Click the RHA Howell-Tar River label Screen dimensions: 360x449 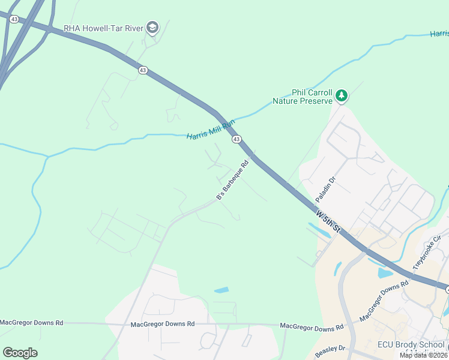point(103,28)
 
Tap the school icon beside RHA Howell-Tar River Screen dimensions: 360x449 point(152,28)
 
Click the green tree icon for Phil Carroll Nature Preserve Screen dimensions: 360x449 point(342,95)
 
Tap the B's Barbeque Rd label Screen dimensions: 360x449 point(232,180)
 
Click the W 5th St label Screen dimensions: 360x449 point(328,221)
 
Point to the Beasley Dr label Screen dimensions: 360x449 point(329,348)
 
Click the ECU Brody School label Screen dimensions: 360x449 point(411,345)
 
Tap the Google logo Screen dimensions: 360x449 point(20,353)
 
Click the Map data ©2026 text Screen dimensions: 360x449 point(423,355)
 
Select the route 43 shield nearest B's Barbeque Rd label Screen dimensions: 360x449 point(237,139)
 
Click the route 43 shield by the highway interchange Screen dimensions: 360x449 point(14,19)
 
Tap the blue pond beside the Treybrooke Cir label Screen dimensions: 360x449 point(385,273)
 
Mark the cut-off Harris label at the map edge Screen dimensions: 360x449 point(439,34)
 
